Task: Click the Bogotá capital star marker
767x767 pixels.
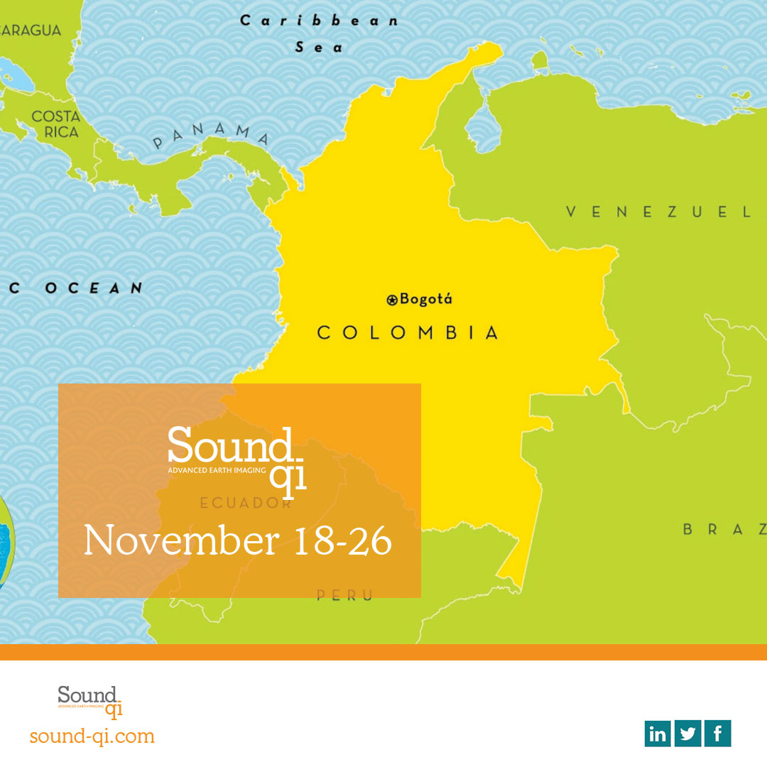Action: (392, 300)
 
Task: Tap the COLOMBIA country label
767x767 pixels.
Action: (408, 332)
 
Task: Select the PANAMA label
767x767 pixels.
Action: (212, 135)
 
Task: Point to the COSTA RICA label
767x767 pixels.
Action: (55, 124)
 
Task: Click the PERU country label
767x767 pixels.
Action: (344, 596)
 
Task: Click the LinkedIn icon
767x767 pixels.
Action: (658, 734)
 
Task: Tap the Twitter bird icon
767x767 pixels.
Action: (687, 734)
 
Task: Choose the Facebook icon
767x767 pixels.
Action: (717, 734)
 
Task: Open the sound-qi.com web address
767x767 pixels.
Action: (92, 736)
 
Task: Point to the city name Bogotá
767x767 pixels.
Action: (426, 299)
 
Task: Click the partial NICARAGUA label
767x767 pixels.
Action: (31, 31)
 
